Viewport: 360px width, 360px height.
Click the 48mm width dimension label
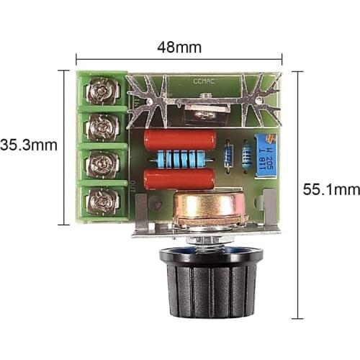point(179,48)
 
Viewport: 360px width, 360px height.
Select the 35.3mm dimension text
point(28,145)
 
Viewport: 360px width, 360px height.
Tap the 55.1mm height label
point(330,190)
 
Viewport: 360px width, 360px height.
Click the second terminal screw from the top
point(102,127)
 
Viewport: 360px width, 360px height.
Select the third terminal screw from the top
point(102,165)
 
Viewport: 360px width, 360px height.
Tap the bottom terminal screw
point(102,202)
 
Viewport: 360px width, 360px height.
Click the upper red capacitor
point(179,138)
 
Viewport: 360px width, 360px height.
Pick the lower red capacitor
point(179,178)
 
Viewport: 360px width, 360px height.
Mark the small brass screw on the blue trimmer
point(271,138)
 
